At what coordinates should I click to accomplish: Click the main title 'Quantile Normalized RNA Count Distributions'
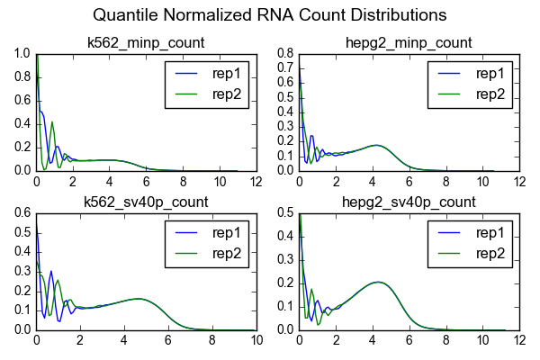tap(271, 15)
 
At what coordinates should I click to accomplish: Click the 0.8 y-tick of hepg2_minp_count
tap(284, 53)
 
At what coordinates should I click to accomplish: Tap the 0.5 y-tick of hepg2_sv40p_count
tap(284, 212)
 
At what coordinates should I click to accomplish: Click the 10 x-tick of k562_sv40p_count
tap(256, 340)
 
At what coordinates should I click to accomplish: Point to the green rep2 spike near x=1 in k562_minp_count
tap(53, 122)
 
